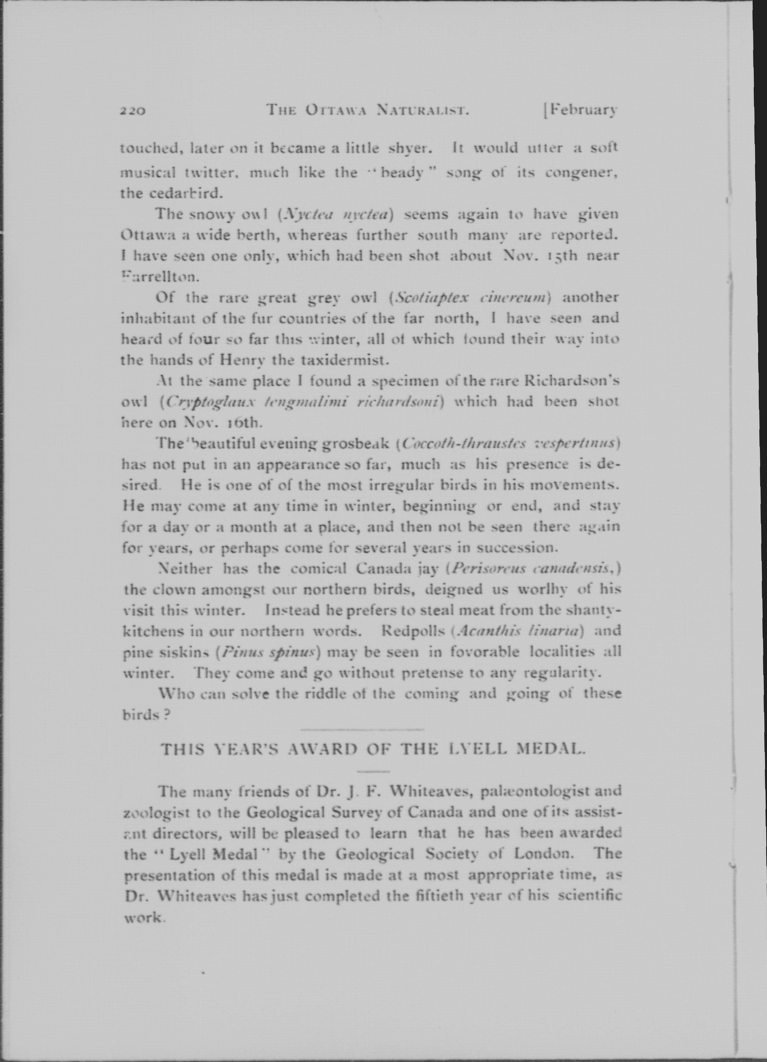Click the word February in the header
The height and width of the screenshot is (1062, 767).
581,110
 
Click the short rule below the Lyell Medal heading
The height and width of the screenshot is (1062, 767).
373,771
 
